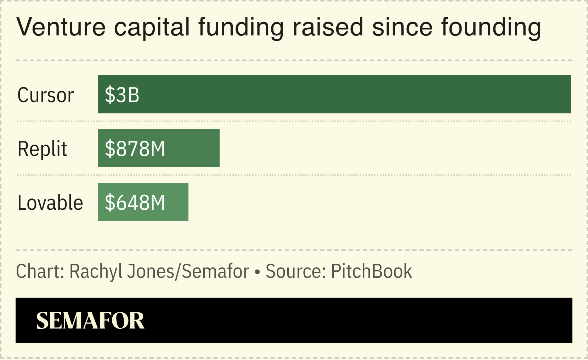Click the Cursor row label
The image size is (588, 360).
tap(45, 95)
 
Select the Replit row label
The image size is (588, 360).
tap(42, 149)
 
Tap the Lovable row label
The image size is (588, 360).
tap(50, 203)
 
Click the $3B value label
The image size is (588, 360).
tap(122, 95)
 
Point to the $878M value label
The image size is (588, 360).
tap(135, 149)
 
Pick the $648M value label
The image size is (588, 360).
tap(135, 203)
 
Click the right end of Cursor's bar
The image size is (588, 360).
tap(567, 94)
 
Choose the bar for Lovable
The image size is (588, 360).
tap(177, 202)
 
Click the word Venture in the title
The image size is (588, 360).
tap(61, 27)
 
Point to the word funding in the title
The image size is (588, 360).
tap(241, 27)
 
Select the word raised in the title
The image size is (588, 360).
tap(328, 27)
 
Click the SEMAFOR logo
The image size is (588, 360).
tap(90, 321)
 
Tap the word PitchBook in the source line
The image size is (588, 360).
tap(372, 271)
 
